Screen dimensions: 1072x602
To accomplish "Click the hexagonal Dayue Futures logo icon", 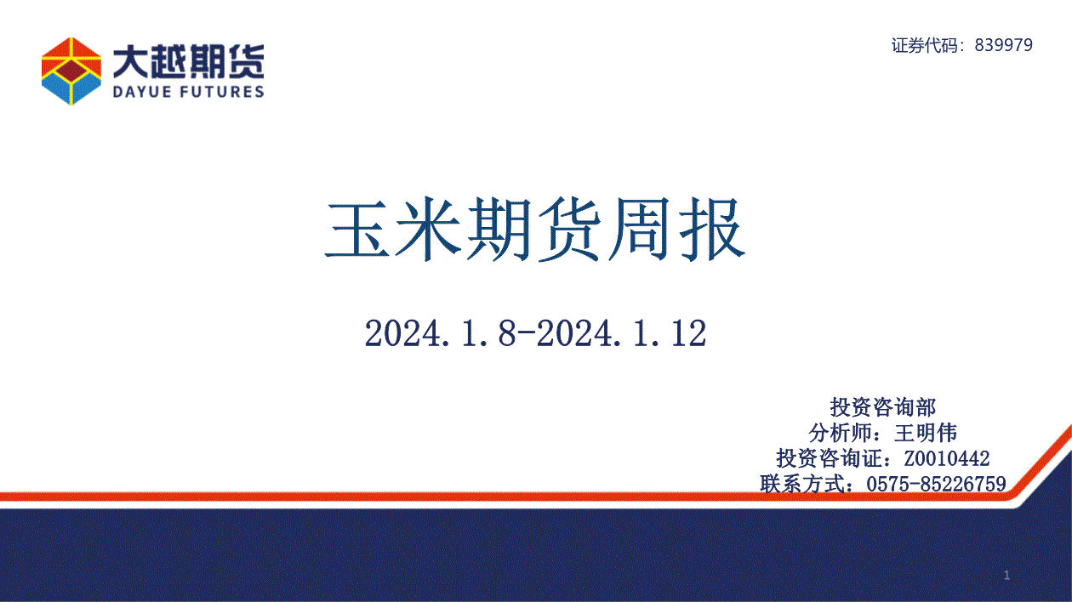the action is point(71,71).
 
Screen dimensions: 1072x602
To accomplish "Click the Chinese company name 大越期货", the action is point(189,61).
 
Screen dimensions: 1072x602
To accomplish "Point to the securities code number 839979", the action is point(1004,45).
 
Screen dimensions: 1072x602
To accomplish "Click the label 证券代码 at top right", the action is point(925,45).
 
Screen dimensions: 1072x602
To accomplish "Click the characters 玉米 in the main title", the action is point(393,230).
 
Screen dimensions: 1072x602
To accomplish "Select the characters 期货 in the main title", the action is point(534,230).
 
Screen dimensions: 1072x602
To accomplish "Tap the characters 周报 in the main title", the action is point(676,230).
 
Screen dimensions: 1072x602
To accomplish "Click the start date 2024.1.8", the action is point(441,333).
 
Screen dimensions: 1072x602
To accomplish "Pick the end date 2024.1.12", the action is point(621,333).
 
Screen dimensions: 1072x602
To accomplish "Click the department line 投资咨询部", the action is point(882,407).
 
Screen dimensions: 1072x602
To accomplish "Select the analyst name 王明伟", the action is point(926,433).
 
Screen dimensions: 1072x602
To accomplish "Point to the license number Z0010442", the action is point(947,459).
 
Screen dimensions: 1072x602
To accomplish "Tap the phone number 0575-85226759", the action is point(936,485).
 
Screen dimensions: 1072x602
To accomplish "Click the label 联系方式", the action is point(802,484).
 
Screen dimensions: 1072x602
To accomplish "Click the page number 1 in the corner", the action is point(1006,575).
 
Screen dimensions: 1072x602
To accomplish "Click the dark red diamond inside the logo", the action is point(71,71).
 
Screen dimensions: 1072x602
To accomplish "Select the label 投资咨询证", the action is point(830,458).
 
